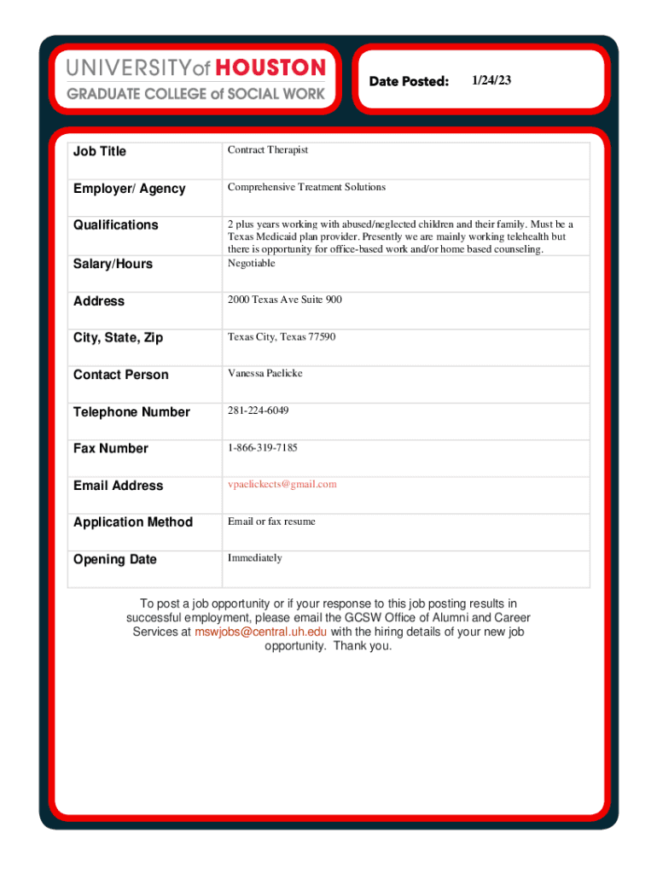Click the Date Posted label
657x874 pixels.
tap(409, 81)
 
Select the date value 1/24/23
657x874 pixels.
tap(491, 80)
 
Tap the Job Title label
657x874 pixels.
tap(99, 151)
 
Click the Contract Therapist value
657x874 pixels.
tap(267, 150)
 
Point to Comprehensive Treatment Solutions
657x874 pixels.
tap(306, 187)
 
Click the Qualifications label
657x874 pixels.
tap(115, 224)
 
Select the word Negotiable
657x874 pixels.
tap(251, 263)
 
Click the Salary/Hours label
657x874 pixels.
tap(113, 264)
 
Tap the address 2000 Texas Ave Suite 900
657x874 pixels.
tap(284, 300)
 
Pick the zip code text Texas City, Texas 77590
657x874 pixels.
tap(281, 337)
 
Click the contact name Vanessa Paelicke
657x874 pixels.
tap(265, 374)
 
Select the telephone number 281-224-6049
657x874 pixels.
tap(258, 411)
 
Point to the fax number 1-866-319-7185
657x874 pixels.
tap(262, 447)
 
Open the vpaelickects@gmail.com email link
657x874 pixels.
tap(282, 484)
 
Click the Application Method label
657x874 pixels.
tap(133, 521)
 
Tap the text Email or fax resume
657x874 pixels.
tap(270, 521)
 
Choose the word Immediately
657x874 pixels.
tap(254, 557)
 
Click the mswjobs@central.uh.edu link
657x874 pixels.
tap(260, 632)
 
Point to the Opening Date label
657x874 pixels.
tap(115, 559)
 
